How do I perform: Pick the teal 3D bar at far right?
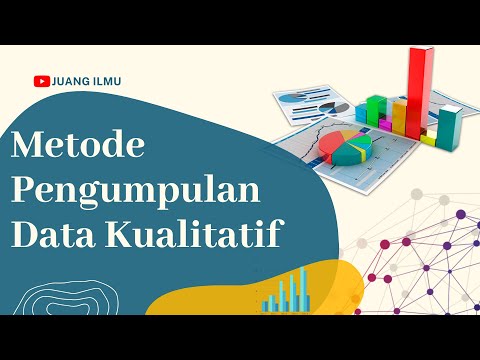click(x=450, y=128)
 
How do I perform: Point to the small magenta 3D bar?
click(x=386, y=124)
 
